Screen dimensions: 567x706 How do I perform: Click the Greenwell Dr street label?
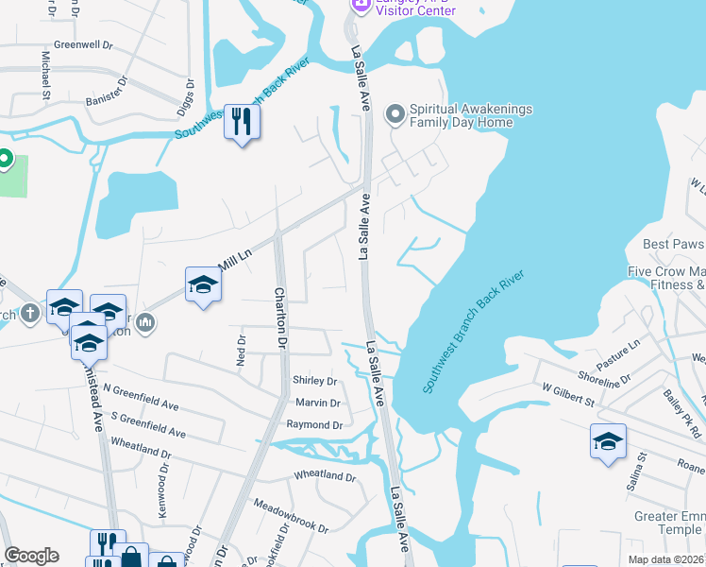(83, 44)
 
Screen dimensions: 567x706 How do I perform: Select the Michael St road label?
(44, 75)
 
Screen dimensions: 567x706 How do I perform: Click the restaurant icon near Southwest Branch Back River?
(243, 122)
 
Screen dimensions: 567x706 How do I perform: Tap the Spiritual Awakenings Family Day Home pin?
(395, 114)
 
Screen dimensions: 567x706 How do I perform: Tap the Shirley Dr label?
(315, 381)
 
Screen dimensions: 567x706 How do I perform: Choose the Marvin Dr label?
(317, 403)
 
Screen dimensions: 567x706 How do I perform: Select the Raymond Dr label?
(314, 425)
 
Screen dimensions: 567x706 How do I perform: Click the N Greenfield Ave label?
(141, 397)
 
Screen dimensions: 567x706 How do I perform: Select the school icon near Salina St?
(608, 441)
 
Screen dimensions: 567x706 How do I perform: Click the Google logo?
(31, 556)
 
